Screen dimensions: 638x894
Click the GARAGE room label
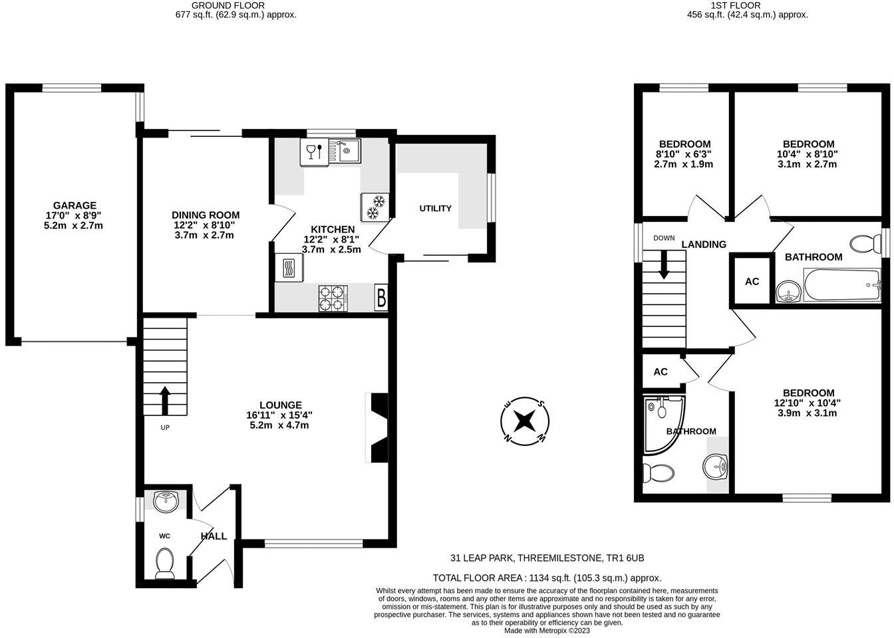75,205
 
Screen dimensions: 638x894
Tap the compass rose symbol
525,421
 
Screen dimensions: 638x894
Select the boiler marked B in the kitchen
381,298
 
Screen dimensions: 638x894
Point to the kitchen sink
347,152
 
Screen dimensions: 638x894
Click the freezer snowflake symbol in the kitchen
374,207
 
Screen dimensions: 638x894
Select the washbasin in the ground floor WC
165,501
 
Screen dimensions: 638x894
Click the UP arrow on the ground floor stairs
165,401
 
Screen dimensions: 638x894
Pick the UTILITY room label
435,209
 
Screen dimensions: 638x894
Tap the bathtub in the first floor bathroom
842,285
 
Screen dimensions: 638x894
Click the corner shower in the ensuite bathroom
662,421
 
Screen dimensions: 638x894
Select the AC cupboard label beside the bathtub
752,282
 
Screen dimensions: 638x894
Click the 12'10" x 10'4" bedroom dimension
808,403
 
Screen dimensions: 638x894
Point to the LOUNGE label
281,405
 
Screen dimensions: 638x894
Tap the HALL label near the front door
214,536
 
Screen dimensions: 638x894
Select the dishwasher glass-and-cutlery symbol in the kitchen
315,152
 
